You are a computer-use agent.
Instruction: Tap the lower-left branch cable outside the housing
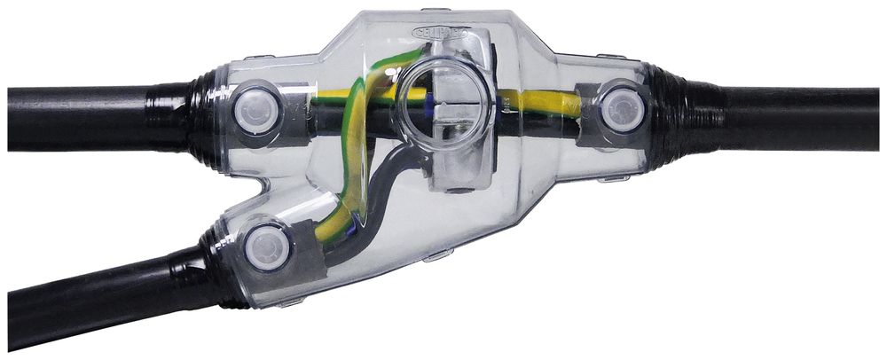(89, 297)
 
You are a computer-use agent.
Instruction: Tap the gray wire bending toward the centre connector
(390, 168)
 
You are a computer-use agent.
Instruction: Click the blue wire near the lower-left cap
(355, 232)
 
